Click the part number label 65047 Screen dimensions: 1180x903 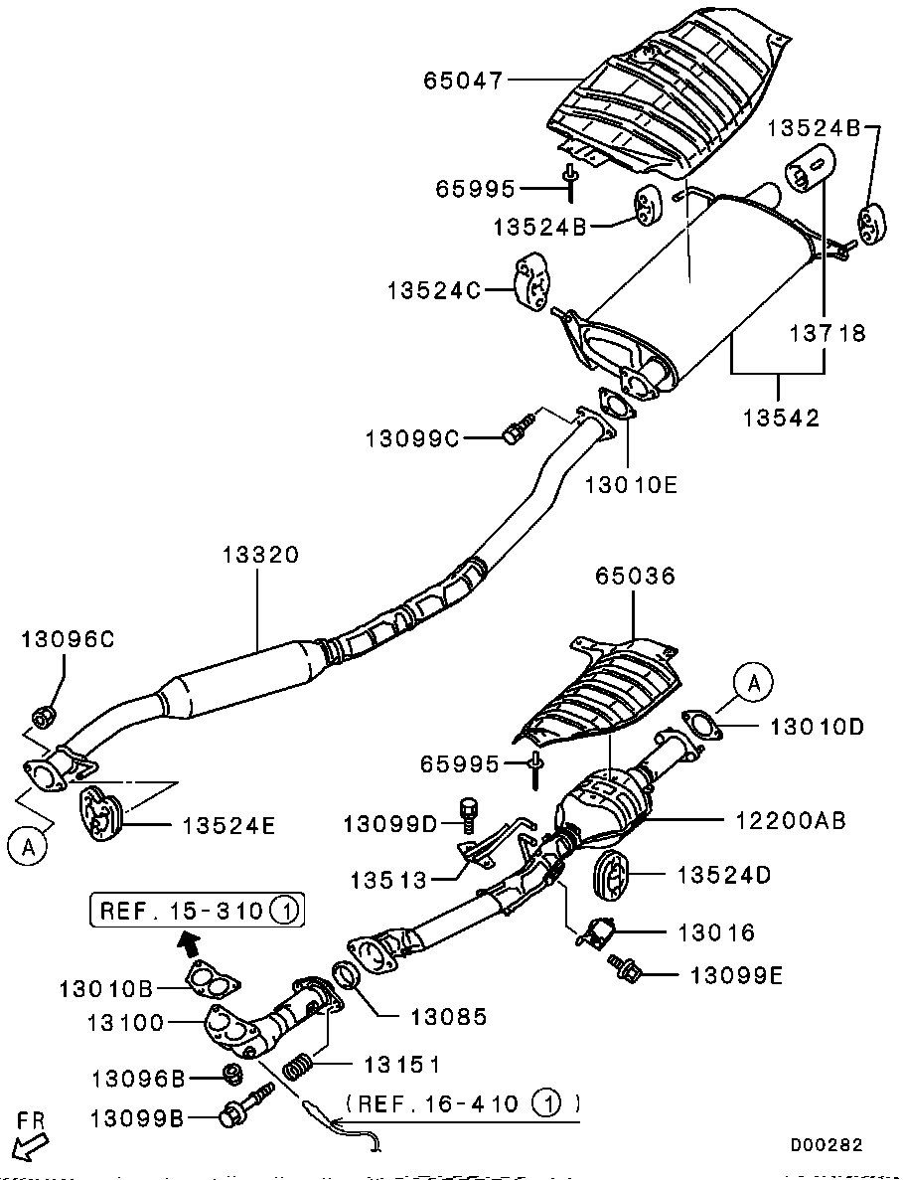(464, 80)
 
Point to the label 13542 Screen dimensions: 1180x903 (781, 419)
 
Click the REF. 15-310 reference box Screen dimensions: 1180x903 (198, 909)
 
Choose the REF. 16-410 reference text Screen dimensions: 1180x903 (463, 1102)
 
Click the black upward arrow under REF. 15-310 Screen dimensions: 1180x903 (187, 940)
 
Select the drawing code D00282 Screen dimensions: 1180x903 (826, 1145)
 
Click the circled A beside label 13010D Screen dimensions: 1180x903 (754, 683)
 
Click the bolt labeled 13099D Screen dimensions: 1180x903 (470, 812)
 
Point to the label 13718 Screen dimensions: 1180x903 (828, 333)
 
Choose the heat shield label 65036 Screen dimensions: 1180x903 (635, 576)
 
